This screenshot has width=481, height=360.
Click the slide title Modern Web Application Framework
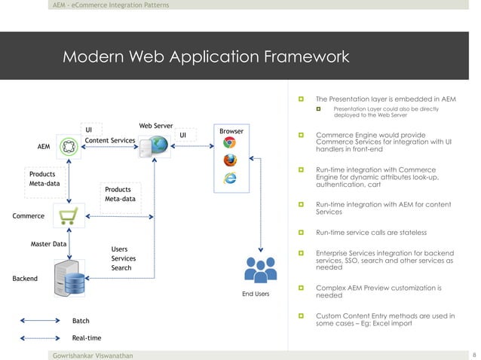coord(206,57)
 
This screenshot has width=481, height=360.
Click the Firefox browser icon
coord(230,160)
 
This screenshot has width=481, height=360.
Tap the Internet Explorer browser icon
coord(230,178)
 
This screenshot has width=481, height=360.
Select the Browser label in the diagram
coord(231,132)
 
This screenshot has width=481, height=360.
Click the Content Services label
coord(109,140)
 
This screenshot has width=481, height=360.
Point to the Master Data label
coord(48,245)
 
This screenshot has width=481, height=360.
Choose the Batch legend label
coord(81,322)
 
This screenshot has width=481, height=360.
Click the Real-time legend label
coord(86,338)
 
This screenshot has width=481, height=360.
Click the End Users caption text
coord(256,294)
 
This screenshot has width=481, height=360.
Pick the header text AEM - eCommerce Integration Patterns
coord(111,5)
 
